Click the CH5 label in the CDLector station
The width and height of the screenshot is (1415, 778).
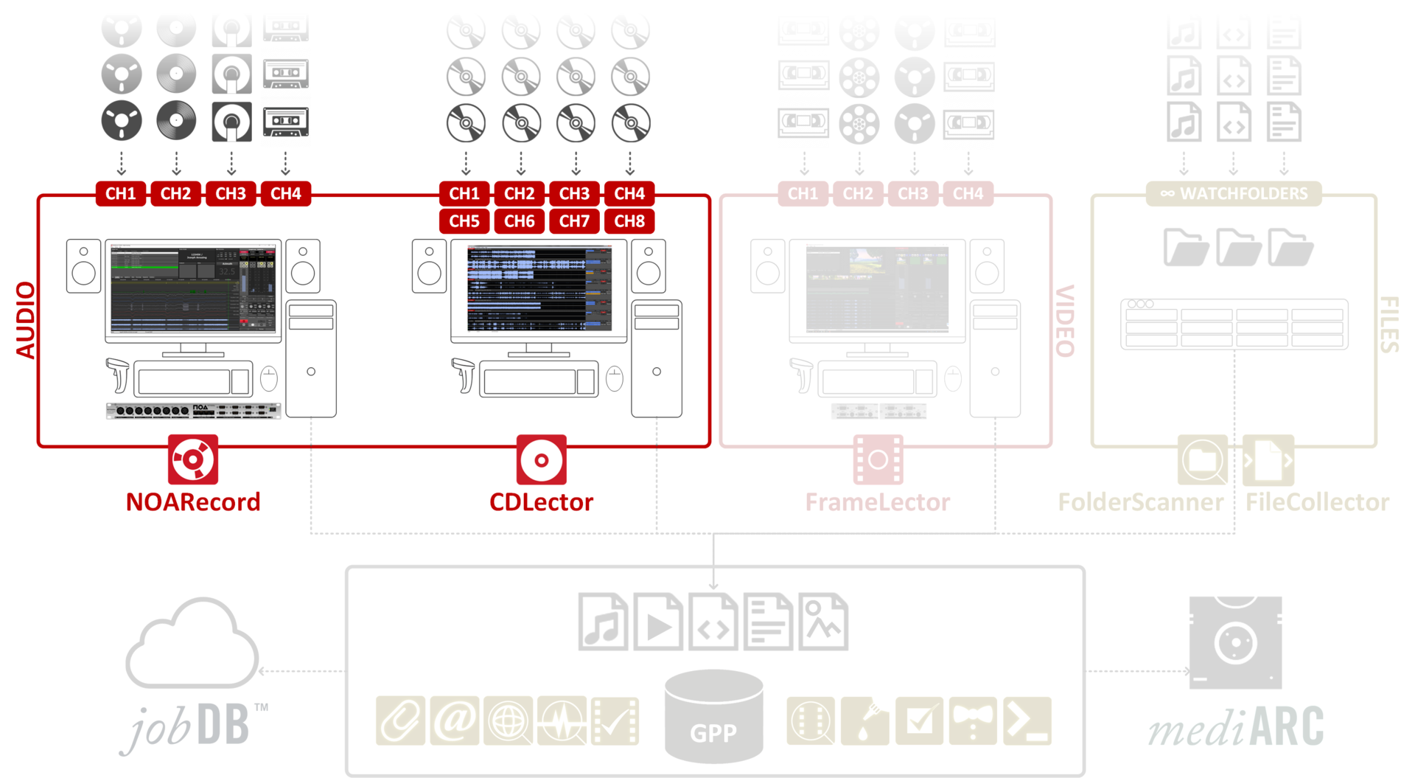tap(464, 221)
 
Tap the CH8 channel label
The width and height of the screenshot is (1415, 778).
tap(629, 221)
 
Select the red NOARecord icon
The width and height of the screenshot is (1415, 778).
tap(193, 459)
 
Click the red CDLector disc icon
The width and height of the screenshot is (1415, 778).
tap(541, 459)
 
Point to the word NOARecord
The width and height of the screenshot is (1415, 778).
tap(193, 502)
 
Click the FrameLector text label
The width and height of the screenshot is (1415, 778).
tap(877, 502)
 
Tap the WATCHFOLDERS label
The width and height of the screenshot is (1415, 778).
tap(1234, 194)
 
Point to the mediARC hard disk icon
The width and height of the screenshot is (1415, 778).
tap(1235, 642)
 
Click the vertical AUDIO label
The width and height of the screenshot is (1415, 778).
tap(26, 320)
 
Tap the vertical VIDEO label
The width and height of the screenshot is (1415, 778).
tap(1065, 320)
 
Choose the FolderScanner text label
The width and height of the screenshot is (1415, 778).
tap(1140, 502)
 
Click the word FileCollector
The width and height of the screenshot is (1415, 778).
tap(1317, 502)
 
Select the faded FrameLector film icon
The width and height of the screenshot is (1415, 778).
tap(878, 459)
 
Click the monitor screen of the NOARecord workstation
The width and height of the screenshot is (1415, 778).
tap(193, 290)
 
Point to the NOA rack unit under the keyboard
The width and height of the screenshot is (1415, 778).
tap(193, 410)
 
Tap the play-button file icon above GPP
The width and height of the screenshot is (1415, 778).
tap(658, 622)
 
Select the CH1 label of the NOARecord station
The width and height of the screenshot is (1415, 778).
tap(121, 194)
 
